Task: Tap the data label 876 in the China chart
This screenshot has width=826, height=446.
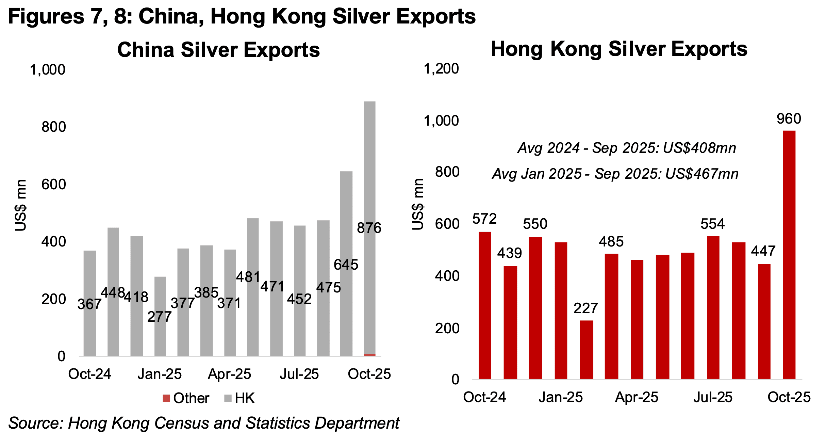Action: tap(369, 228)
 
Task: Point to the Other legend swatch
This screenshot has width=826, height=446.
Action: tap(166, 398)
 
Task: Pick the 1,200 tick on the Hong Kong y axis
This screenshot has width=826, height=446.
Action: tap(441, 69)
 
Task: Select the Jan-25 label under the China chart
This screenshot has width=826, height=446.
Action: tap(160, 374)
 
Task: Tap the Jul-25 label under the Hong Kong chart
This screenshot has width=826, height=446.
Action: tap(713, 397)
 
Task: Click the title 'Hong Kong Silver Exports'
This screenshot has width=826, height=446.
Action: tap(619, 49)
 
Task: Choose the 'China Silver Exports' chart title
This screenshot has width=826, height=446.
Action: tap(218, 50)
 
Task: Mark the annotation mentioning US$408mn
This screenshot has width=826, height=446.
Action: tap(627, 148)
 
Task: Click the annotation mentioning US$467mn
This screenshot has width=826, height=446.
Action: tap(615, 174)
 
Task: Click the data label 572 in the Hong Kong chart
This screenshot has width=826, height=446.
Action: tap(484, 219)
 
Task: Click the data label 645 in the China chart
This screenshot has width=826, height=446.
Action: tap(346, 265)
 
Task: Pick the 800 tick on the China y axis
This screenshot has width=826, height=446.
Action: tap(53, 127)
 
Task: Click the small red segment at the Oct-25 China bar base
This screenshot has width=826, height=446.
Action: tap(370, 355)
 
